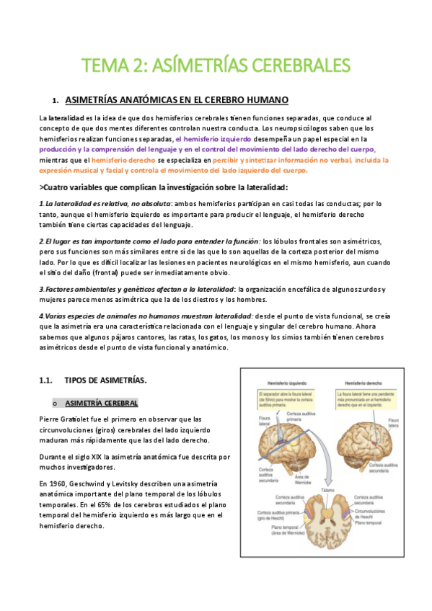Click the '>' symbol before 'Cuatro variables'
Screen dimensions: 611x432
(40, 187)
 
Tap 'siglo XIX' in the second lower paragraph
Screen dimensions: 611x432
(89, 457)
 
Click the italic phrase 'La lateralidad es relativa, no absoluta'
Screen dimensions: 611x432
(107, 204)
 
